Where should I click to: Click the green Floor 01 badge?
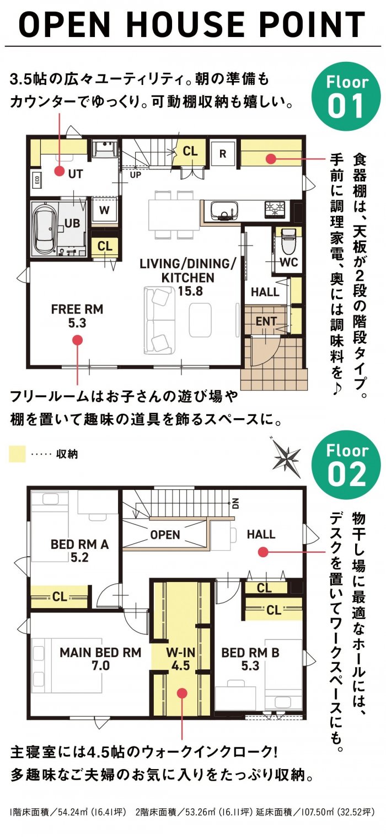346,96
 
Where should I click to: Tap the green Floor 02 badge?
346,465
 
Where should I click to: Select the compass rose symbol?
286,457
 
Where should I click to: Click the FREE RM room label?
77,310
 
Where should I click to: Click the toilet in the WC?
288,240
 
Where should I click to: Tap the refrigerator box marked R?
223,153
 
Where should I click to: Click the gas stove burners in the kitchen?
275,210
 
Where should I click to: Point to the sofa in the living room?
159,320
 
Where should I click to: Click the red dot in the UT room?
58,171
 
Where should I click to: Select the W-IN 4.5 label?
181,659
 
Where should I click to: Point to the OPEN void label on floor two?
165,535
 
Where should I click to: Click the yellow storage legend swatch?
17,454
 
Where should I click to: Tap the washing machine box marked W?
105,210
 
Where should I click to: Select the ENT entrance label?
266,321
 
